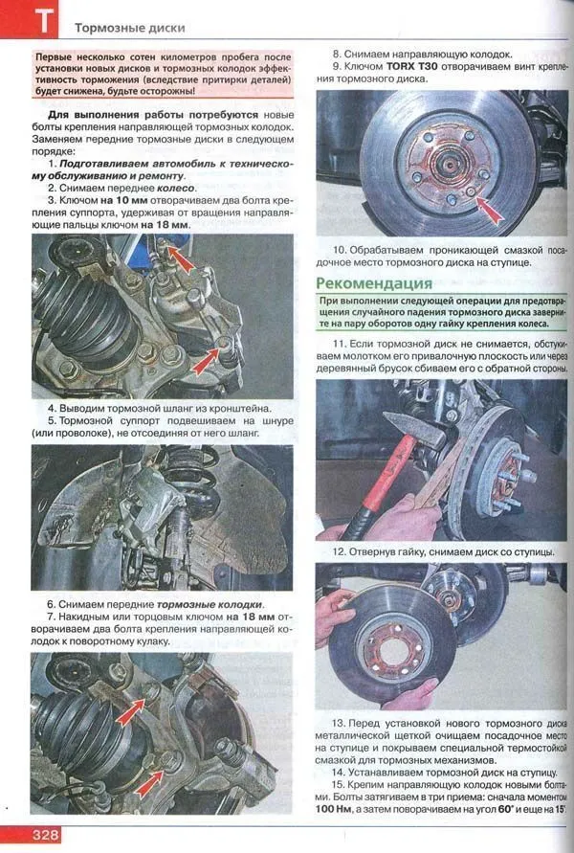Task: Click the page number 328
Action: pos(45,835)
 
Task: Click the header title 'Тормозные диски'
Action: pos(130,28)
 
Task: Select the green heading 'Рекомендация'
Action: pos(374,283)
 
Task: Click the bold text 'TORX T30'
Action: pos(411,66)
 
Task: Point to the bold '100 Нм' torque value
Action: pos(332,809)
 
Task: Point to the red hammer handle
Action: pos(381,480)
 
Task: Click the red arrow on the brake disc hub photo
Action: pos(488,210)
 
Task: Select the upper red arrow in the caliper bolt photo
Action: pos(181,258)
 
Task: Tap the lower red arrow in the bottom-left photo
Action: pos(149,782)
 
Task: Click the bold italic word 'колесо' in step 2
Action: pos(175,189)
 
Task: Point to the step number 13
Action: pos(339,724)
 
